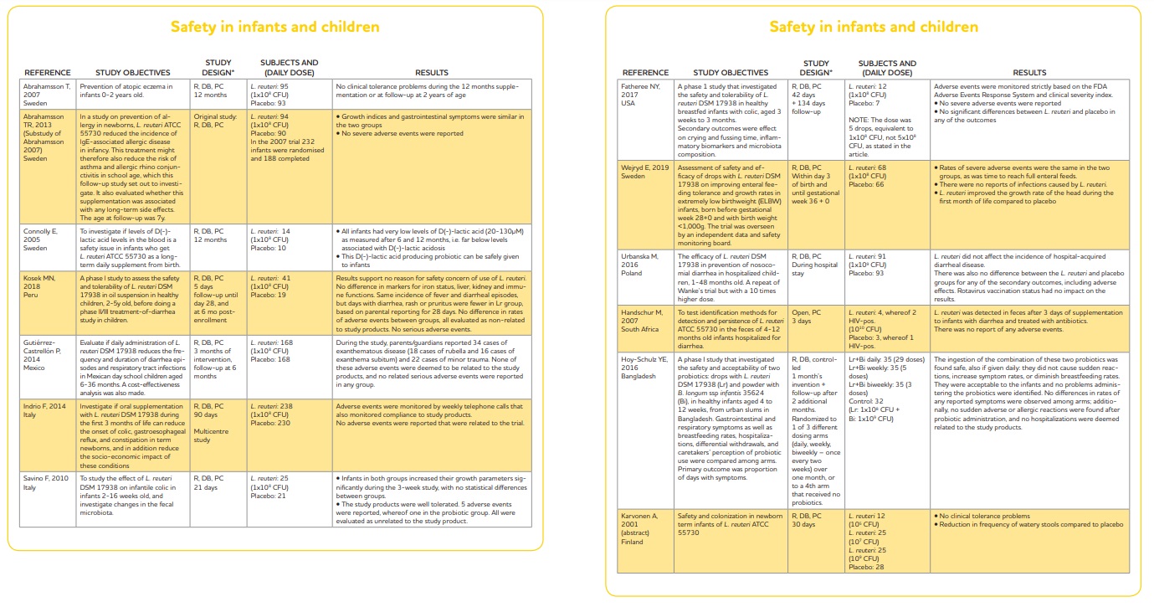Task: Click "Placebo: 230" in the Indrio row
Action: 269,423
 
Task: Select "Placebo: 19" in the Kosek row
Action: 267,295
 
